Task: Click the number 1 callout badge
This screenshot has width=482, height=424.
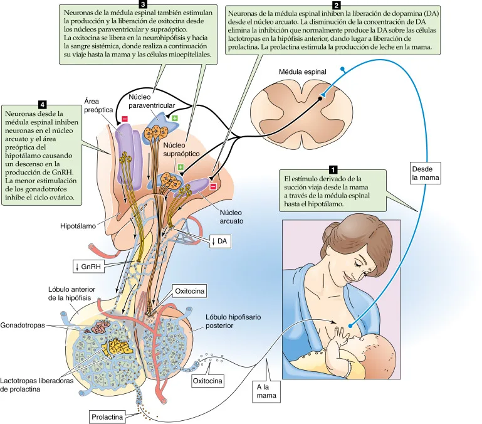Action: (x=333, y=169)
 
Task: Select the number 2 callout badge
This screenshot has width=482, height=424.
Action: (x=337, y=5)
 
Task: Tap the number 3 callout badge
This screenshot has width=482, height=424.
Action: (x=143, y=4)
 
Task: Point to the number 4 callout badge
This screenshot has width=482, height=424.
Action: (x=42, y=105)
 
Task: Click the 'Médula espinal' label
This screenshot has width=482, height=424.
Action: (x=303, y=72)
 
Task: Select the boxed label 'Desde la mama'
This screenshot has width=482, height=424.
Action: (x=426, y=173)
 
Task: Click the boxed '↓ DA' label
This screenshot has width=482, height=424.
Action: (x=219, y=241)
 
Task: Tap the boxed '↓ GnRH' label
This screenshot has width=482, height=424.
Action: (x=88, y=267)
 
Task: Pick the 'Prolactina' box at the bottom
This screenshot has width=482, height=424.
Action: (x=107, y=417)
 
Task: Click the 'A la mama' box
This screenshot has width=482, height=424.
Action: (x=266, y=391)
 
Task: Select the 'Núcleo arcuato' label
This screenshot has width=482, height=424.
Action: (x=231, y=216)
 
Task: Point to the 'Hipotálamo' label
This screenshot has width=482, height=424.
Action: (x=78, y=226)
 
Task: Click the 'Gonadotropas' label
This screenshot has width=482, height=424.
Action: (x=23, y=326)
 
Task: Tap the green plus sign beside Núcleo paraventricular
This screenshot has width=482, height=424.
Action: (x=175, y=119)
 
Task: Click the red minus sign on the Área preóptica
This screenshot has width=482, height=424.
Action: (x=125, y=119)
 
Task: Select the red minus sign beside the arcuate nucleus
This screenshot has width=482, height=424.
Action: (x=213, y=186)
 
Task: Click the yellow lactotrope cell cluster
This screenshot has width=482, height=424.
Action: (x=118, y=347)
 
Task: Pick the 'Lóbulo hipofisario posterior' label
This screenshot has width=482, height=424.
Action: (x=233, y=321)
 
